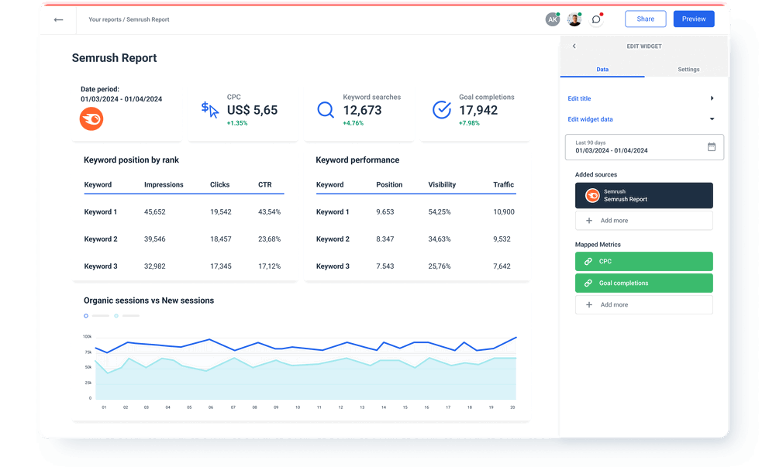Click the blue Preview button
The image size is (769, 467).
(x=694, y=19)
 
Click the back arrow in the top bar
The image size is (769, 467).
(x=58, y=19)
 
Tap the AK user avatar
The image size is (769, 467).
(x=553, y=19)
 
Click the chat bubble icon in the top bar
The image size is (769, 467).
(x=595, y=19)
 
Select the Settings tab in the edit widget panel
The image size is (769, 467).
(x=688, y=70)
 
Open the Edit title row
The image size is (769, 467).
(x=640, y=98)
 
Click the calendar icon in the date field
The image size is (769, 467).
(x=712, y=146)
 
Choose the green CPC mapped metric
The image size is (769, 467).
(x=643, y=262)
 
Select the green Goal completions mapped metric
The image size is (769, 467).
(x=643, y=283)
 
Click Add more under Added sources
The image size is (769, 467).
(x=643, y=221)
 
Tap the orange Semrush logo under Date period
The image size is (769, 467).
(x=91, y=118)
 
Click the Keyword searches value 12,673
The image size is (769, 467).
(x=363, y=110)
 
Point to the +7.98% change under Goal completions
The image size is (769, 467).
(x=469, y=123)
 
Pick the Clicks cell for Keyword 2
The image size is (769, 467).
(x=220, y=239)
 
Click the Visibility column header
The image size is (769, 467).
(x=442, y=185)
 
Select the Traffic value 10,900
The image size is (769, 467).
(x=503, y=212)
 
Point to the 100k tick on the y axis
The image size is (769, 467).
(x=87, y=337)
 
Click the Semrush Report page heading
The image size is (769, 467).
(x=114, y=58)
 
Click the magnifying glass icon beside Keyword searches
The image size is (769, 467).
(x=326, y=110)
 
